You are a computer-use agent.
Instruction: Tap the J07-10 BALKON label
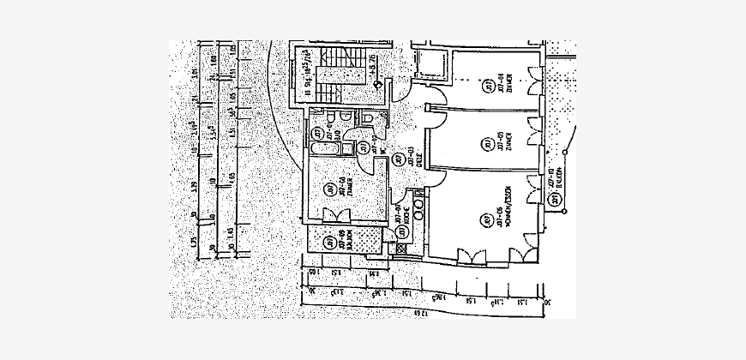coord(557,176)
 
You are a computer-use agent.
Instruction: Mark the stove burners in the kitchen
coord(418,206)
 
